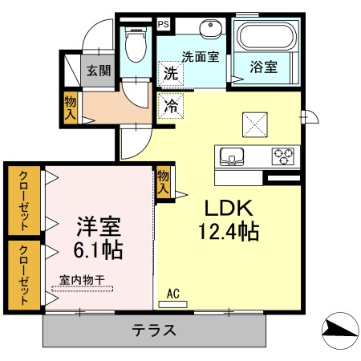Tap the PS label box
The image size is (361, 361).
pos(164,24)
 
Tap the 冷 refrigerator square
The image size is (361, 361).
pos(171,105)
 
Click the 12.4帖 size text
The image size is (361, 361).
pos(228,233)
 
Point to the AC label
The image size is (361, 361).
pos(172,294)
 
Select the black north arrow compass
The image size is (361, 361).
pos(339,329)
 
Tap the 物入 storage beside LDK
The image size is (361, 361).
pos(164,182)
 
